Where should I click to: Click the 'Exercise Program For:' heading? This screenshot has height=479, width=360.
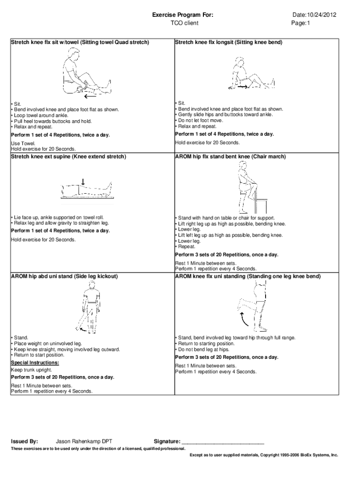tap(183, 15)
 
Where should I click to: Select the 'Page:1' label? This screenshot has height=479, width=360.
tap(301, 22)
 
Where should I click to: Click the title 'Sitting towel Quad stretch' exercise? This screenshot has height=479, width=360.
tap(80, 42)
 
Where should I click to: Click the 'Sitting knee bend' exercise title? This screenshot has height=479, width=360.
tap(229, 42)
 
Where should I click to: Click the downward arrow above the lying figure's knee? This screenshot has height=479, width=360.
tap(83, 181)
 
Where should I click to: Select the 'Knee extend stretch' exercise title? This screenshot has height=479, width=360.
tap(68, 156)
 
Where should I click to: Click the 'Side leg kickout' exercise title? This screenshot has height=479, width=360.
tap(64, 276)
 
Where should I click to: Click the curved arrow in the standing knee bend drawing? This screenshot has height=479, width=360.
tap(244, 320)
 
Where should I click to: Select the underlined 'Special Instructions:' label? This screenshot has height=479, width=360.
tap(35, 363)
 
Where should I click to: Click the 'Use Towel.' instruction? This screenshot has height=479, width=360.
tap(23, 144)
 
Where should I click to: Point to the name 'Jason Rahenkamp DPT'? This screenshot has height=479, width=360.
tap(84, 441)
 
